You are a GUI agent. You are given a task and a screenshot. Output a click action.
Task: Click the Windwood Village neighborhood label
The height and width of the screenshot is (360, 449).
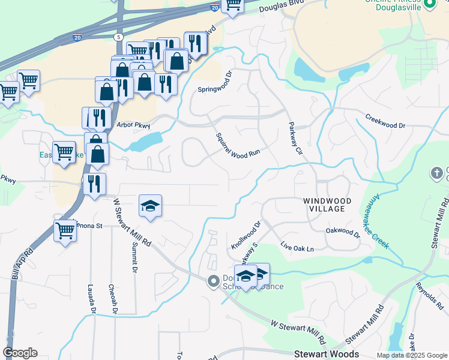click(x=324, y=204)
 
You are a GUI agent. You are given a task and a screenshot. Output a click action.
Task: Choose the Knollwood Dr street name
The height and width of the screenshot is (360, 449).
click(x=246, y=236)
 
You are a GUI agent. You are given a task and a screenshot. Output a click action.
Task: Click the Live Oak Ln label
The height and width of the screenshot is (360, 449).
click(x=297, y=246)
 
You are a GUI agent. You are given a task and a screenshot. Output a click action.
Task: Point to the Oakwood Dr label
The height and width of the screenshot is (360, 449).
click(x=342, y=230)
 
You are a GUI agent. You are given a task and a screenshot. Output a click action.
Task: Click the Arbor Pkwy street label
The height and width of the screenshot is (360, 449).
click(x=133, y=125)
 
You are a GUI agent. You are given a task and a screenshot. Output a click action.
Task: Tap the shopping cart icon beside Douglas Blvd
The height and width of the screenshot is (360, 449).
click(x=232, y=5)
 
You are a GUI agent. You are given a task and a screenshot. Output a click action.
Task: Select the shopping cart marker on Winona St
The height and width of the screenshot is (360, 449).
click(x=65, y=230)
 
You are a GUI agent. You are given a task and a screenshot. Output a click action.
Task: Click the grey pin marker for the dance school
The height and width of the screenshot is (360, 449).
click(x=212, y=281)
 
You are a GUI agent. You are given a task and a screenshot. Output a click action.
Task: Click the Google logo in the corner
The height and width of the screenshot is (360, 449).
click(x=20, y=353)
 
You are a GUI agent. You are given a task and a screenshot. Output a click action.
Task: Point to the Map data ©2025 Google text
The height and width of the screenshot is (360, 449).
click(x=411, y=355)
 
